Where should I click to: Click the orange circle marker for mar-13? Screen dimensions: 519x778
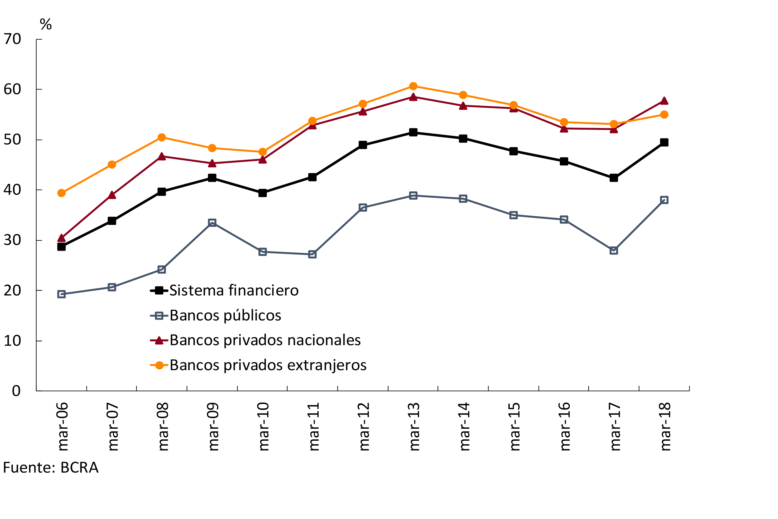pos(413,86)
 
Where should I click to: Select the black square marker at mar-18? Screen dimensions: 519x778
pos(664,142)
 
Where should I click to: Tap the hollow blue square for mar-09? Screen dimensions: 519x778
pos(212,222)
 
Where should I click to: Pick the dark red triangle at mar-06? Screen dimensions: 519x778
pos(61,238)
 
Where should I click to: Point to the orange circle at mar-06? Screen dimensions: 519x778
pos(61,193)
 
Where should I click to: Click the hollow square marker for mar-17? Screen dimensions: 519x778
pos(614,250)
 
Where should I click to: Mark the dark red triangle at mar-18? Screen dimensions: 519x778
pos(664,101)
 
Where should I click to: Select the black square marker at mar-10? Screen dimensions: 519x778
pos(263,193)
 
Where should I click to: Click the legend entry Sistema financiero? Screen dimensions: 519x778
pos(234,291)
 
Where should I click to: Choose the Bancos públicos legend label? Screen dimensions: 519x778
pos(225,316)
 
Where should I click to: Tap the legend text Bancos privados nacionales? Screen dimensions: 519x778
pos(265,340)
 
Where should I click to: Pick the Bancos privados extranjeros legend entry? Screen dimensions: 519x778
pos(268,365)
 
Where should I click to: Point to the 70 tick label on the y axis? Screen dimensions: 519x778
pos(12,39)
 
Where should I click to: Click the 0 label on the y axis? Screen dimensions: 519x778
pos(16,391)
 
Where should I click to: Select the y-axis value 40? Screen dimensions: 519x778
pos(12,190)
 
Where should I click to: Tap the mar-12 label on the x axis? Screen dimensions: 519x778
pos(364,427)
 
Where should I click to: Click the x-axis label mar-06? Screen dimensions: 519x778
pos(62,427)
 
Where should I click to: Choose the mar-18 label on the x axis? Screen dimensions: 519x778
pos(665,427)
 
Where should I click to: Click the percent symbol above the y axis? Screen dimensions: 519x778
pos(46,24)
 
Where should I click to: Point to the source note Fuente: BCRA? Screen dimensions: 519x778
pos(50,468)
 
